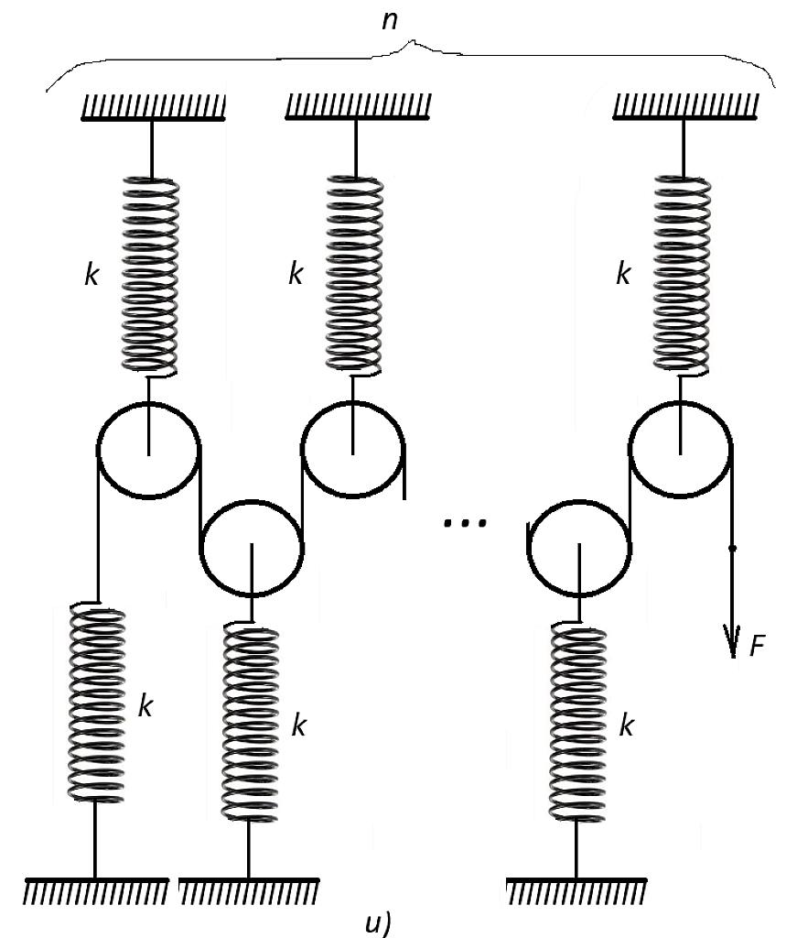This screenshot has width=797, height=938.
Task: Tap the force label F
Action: pyautogui.click(x=757, y=646)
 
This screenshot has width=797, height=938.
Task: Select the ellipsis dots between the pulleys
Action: pyautogui.click(x=466, y=523)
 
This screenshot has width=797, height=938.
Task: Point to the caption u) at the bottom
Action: pyautogui.click(x=378, y=923)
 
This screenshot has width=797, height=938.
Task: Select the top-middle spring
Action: pyautogui.click(x=354, y=275)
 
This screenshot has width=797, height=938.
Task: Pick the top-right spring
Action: pyautogui.click(x=683, y=275)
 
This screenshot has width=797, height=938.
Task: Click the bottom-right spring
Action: pyautogui.click(x=577, y=722)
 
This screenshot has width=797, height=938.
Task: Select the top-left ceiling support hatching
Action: pyautogui.click(x=154, y=108)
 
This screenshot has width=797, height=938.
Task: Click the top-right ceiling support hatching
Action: pyautogui.click(x=686, y=108)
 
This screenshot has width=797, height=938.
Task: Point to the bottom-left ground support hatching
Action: pyautogui.click(x=96, y=891)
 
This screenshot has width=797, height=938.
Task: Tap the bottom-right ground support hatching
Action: pyautogui.click(x=576, y=891)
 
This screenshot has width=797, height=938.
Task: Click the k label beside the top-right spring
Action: pyautogui.click(x=623, y=274)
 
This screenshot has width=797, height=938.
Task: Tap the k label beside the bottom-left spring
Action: pyautogui.click(x=145, y=706)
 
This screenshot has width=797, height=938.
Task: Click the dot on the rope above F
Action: pyautogui.click(x=733, y=548)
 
